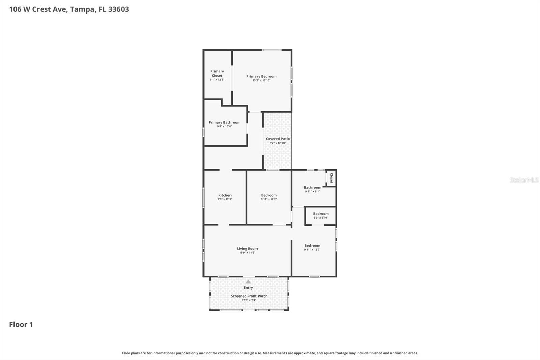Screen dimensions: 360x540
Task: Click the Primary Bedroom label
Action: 261,76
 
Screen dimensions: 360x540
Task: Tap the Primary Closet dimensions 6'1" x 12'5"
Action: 217,80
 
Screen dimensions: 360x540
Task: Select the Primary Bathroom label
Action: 224,122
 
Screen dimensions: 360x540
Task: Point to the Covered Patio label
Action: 277,139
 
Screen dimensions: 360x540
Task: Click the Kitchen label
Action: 225,195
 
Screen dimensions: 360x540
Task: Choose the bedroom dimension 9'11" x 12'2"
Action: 269,199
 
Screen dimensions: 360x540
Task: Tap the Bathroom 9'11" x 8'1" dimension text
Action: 313,191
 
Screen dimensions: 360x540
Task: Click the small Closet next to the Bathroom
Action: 331,178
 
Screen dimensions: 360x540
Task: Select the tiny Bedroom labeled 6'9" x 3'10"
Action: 321,215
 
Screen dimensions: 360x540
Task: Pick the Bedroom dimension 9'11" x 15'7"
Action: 312,250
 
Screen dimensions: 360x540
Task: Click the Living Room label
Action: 247,248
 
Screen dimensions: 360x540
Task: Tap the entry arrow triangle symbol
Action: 248,282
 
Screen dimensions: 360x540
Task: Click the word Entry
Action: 248,288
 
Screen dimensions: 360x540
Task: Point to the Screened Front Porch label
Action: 249,296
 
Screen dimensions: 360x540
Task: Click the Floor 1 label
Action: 21,324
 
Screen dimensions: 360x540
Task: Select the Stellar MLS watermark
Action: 524,180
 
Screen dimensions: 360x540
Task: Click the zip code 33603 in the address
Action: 118,9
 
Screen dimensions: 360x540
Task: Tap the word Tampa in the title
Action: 82,9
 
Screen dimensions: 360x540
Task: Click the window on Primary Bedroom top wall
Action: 272,50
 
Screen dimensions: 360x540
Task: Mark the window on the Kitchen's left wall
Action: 204,197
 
